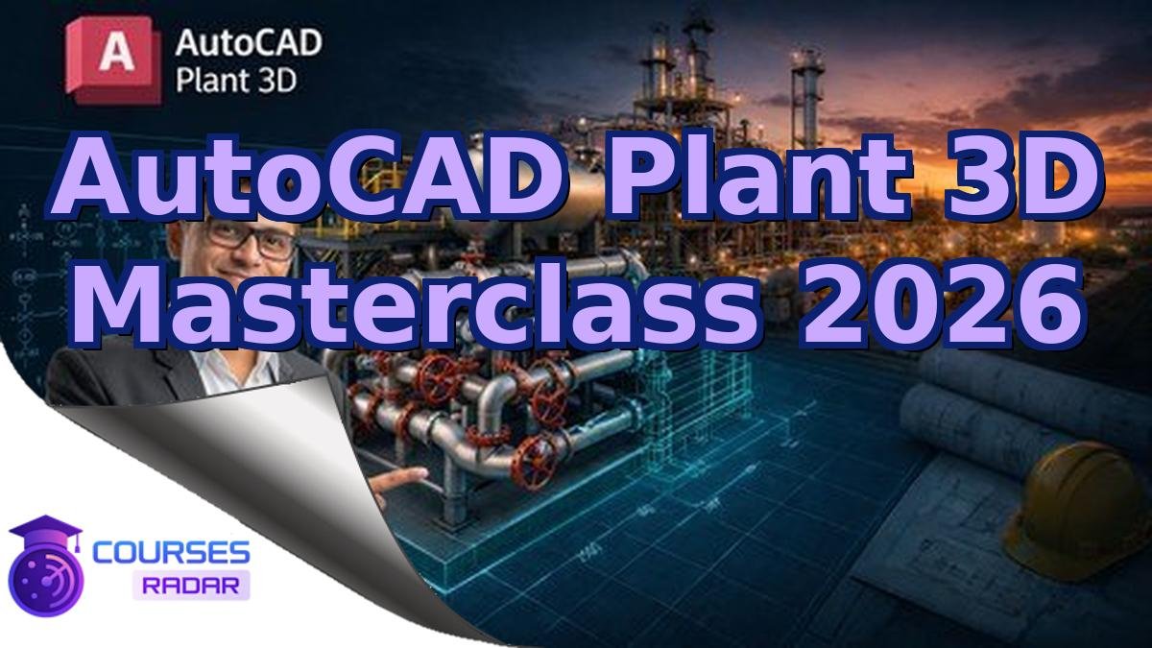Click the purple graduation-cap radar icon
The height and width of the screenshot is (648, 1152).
(44, 566)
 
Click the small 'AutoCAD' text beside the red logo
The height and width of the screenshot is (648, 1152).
(249, 43)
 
